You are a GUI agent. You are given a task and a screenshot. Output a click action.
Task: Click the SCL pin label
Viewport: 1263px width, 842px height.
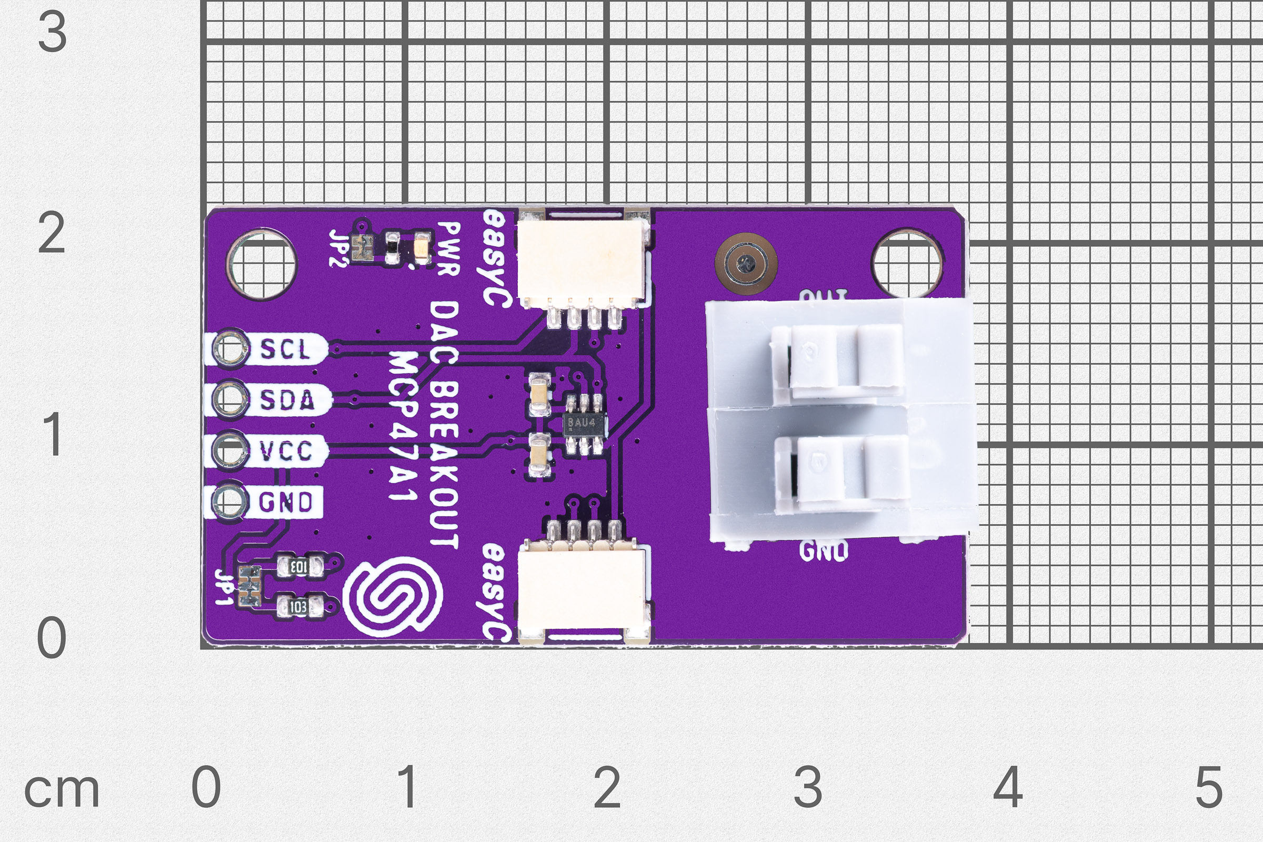(x=285, y=349)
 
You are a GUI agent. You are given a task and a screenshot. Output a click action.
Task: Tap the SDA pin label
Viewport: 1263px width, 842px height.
(x=287, y=400)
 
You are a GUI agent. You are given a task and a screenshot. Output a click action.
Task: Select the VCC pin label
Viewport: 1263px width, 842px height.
(x=286, y=451)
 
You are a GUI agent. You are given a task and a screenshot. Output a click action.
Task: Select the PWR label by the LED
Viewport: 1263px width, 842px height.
(x=448, y=248)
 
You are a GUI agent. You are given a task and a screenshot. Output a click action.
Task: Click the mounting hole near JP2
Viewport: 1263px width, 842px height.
(x=262, y=264)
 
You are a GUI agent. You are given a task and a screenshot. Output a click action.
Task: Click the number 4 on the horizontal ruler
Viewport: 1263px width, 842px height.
(x=1007, y=787)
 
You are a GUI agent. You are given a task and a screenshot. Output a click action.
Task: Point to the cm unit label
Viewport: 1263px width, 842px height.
(x=62, y=790)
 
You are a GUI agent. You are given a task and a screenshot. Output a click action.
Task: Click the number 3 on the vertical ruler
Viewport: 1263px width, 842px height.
(x=53, y=33)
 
